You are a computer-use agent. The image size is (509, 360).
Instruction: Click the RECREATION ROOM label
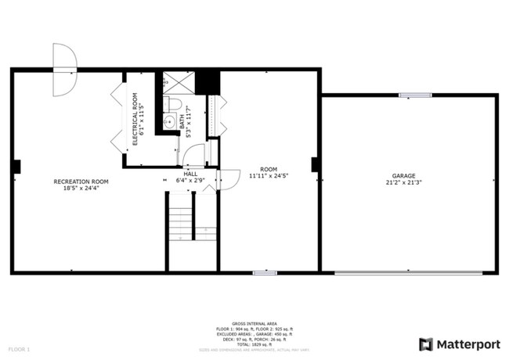click(x=81, y=182)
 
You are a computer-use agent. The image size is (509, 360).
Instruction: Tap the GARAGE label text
click(x=403, y=175)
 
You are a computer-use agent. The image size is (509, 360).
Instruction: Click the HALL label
click(x=190, y=174)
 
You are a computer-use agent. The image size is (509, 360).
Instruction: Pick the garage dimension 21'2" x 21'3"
click(x=403, y=182)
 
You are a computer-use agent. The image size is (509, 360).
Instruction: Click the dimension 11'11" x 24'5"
click(x=269, y=176)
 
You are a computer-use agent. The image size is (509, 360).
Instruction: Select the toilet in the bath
click(x=174, y=104)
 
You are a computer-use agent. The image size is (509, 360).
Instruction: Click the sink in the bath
click(x=169, y=121)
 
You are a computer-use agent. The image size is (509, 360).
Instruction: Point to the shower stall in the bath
click(x=178, y=82)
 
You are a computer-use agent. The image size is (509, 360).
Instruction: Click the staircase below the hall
click(x=182, y=219)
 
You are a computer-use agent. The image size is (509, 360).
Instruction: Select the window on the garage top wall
click(x=414, y=95)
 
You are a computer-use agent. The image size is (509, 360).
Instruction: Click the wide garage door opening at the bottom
click(x=408, y=272)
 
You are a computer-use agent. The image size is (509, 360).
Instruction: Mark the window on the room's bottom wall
click(x=264, y=272)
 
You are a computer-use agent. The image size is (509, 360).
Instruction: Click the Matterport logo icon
click(x=426, y=344)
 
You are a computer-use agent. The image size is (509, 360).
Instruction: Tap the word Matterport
click(x=468, y=344)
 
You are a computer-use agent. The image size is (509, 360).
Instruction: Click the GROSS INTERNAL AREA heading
click(x=254, y=322)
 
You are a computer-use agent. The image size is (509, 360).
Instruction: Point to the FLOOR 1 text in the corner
click(x=19, y=348)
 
